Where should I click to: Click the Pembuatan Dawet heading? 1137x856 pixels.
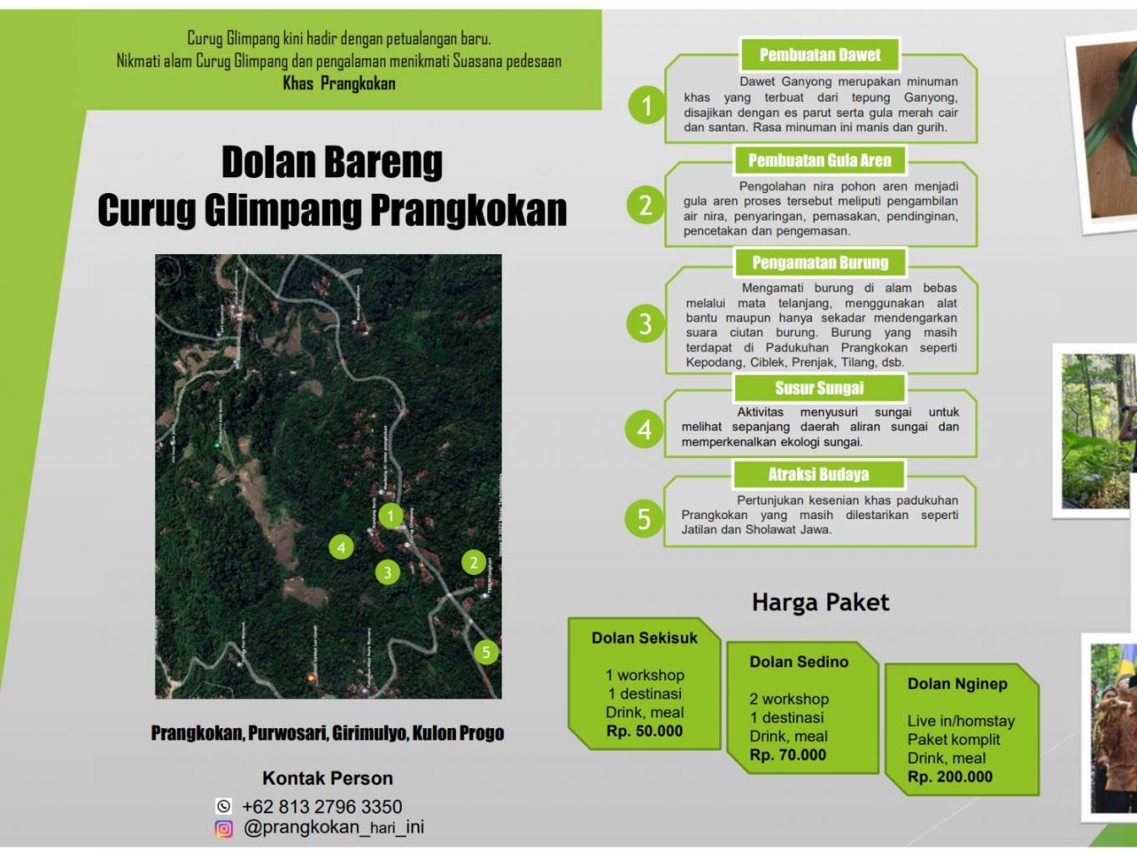(x=820, y=55)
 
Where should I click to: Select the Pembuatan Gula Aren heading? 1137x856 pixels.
(x=820, y=160)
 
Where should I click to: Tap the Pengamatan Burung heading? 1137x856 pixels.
(x=820, y=262)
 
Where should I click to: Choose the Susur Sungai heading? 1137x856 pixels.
(x=819, y=388)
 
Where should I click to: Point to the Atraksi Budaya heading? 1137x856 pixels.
(x=819, y=475)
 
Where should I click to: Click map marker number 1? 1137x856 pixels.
(x=390, y=516)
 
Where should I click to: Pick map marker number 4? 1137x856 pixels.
(x=341, y=548)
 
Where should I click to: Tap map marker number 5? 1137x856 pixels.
(x=486, y=652)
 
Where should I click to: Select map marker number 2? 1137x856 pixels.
(x=474, y=563)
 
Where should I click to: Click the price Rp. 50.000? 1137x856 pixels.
(x=644, y=731)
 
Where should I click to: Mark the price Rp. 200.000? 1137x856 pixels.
(x=950, y=777)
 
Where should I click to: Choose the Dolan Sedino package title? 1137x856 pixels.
(x=799, y=662)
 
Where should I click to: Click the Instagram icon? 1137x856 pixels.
(x=224, y=828)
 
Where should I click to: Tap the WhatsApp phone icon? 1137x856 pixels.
(x=224, y=807)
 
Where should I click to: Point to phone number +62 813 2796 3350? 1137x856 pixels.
(x=322, y=807)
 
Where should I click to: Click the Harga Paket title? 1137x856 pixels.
(x=820, y=603)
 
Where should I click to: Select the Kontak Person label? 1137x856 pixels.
(x=327, y=778)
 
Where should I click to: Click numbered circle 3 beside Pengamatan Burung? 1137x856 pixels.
(x=645, y=324)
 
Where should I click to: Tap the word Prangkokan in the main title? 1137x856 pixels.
(x=469, y=210)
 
